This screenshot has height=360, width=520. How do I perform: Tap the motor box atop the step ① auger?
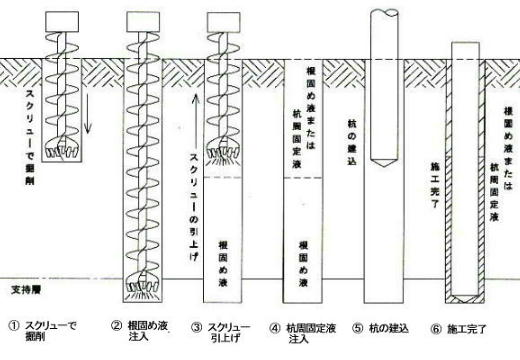point(66,19)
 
